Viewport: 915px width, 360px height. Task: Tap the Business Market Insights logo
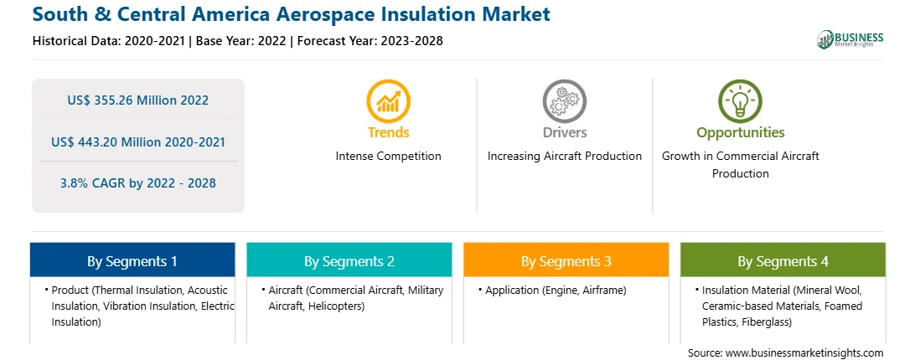[850, 39]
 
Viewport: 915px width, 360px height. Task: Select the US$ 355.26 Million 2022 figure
[137, 100]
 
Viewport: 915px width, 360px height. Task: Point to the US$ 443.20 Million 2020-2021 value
[137, 141]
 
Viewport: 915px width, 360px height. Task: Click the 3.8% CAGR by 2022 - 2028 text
[137, 183]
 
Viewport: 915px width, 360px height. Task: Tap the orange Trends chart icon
[388, 101]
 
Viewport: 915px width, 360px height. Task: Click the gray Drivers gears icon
[564, 101]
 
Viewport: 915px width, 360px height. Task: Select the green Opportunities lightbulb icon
[740, 101]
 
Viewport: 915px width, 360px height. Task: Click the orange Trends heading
[388, 132]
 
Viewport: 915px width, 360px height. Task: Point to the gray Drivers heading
[564, 132]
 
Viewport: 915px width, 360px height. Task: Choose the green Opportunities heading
[740, 133]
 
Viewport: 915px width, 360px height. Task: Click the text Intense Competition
[388, 157]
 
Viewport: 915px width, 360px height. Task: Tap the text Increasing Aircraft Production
[564, 157]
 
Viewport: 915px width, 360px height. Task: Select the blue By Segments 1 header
[132, 260]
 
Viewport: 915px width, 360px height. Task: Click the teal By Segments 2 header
[349, 260]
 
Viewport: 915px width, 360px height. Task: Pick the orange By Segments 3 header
[566, 260]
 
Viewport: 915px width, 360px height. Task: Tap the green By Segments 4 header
[783, 260]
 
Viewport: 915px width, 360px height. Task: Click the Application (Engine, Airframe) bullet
[551, 291]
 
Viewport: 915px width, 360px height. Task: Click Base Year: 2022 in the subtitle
[241, 41]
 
